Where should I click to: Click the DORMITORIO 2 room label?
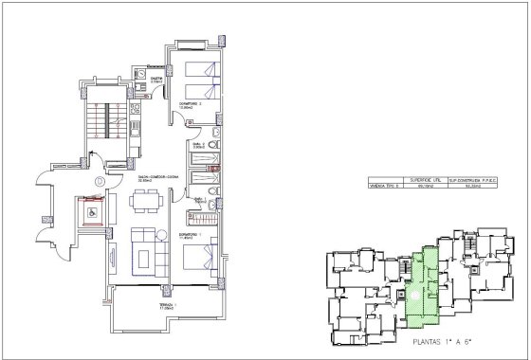[186, 103]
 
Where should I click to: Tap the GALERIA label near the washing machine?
[156, 80]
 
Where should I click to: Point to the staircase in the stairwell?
[98, 118]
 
